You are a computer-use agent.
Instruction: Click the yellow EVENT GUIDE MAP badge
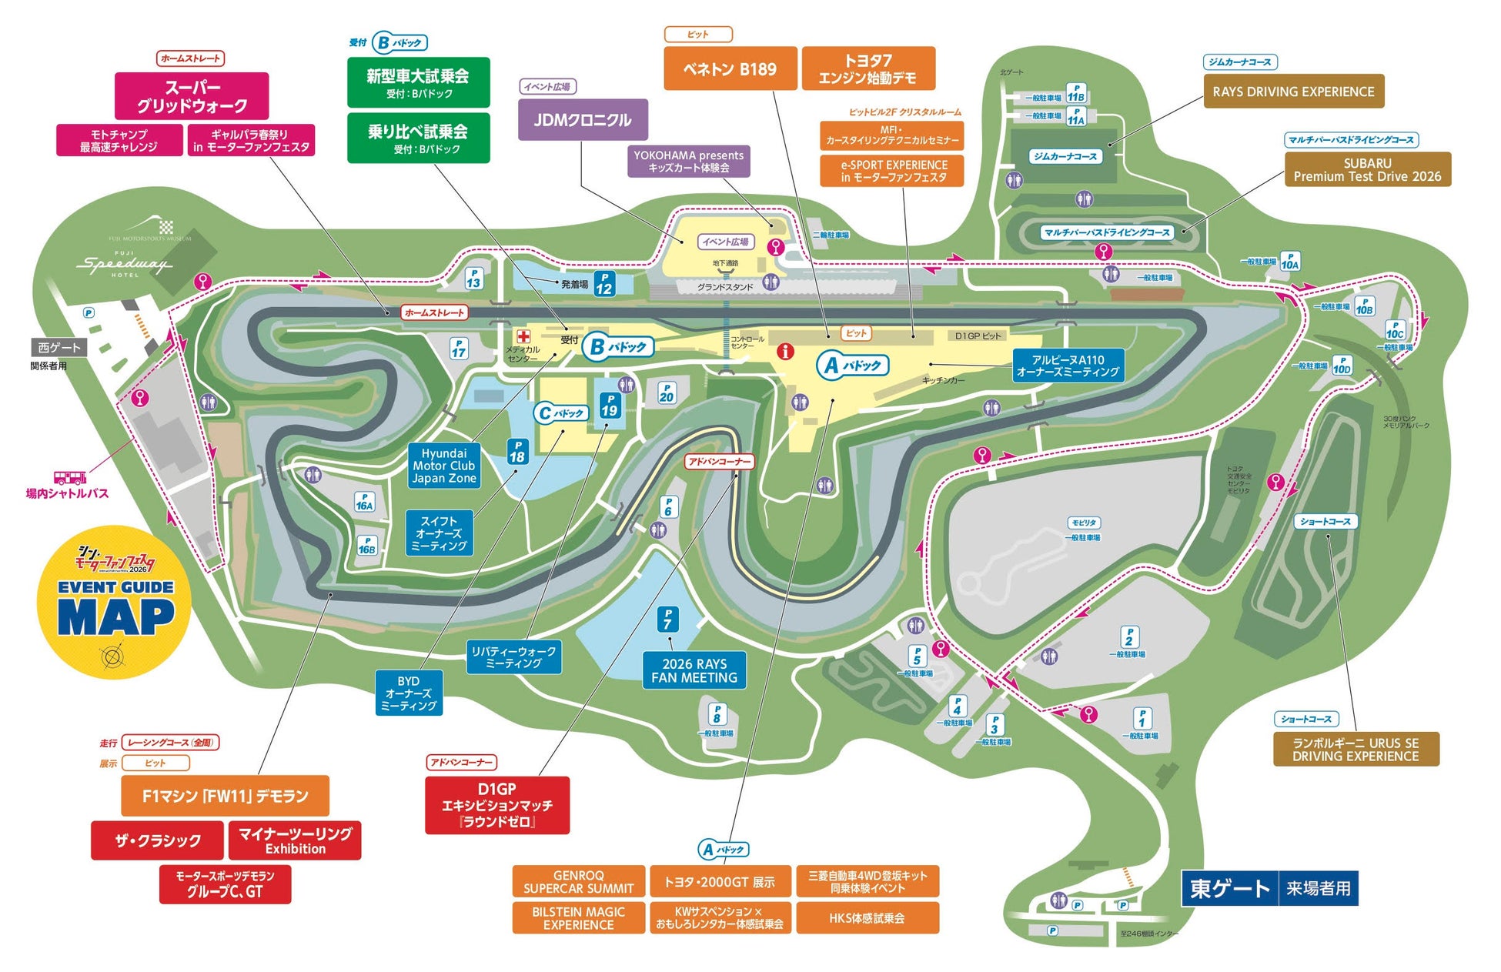113,602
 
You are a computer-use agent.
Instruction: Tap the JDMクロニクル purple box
583,120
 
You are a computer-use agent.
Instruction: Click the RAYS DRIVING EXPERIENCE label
1293,92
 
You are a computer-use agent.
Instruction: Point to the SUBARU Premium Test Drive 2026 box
1367,169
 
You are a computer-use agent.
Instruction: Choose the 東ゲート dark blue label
1229,889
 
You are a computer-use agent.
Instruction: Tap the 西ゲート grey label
59,348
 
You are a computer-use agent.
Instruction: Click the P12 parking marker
604,284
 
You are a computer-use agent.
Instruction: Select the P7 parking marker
667,619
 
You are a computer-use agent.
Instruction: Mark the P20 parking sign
666,393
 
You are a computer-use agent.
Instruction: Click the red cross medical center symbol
523,336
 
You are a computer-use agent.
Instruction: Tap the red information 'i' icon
785,352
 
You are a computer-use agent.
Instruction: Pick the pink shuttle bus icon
69,477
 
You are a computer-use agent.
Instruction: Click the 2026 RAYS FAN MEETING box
694,670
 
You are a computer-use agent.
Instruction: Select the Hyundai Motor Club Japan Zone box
444,466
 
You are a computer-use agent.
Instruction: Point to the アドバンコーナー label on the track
720,461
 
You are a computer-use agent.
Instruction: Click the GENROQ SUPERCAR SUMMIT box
578,882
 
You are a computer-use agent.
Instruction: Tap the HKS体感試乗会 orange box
867,918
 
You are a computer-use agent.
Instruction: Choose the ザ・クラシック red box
158,840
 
